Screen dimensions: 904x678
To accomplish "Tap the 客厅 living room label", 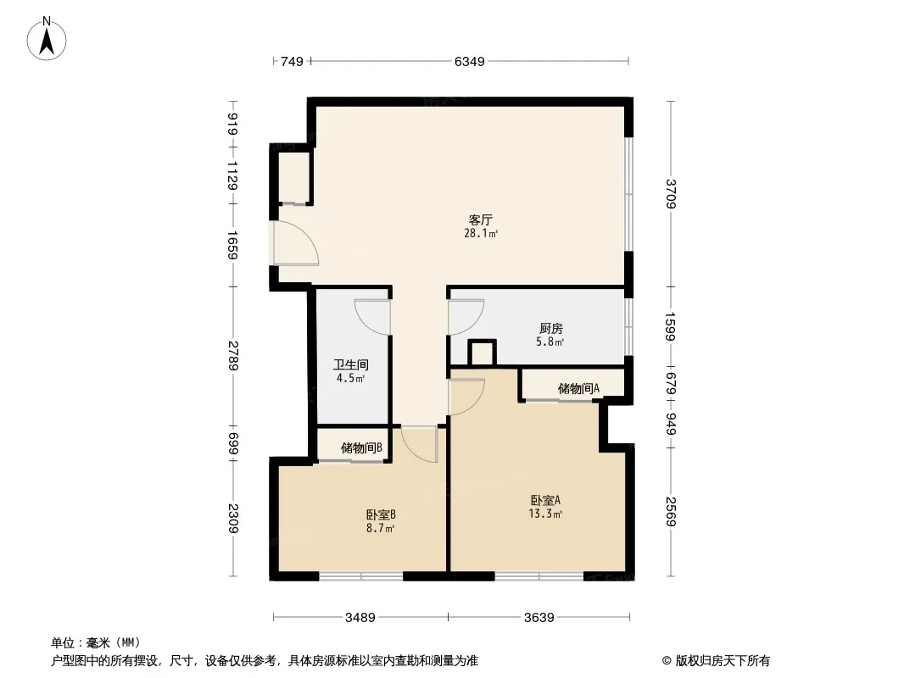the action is point(480,220).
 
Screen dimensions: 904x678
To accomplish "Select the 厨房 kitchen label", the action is point(550,328).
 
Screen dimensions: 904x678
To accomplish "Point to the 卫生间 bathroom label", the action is point(350,364).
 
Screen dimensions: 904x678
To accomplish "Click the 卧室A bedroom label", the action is point(545,501).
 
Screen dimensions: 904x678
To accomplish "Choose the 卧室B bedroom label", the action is point(381,514).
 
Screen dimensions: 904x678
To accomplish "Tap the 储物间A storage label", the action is point(578,388).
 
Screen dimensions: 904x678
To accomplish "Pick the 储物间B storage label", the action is point(361,447).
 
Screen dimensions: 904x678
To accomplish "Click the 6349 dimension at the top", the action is point(469,62).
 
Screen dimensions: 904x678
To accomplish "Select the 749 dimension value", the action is point(292,62).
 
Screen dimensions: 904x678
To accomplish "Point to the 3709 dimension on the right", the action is point(670,193).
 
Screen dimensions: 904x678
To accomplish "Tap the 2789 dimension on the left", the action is point(233,355).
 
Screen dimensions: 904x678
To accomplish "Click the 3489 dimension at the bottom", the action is point(360,618).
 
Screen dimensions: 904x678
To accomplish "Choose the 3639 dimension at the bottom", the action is point(539,618).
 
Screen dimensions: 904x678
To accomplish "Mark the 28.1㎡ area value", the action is point(481,233).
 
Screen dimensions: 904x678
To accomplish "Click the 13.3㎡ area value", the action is point(545,514).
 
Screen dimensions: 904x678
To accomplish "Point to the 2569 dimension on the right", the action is point(670,511).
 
